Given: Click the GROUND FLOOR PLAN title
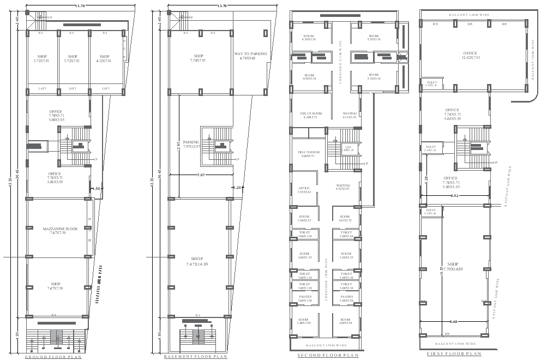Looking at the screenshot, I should (x=53, y=357).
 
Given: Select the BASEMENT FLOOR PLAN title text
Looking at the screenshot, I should (x=195, y=357).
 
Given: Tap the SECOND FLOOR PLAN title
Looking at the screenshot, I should (x=327, y=355).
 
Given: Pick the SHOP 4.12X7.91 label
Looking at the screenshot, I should (x=104, y=59).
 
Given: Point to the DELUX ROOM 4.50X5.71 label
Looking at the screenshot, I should (x=311, y=115).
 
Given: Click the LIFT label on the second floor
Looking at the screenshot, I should (x=348, y=148).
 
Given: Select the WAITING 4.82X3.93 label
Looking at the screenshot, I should (x=343, y=188).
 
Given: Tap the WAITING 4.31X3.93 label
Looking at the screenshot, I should (x=350, y=115).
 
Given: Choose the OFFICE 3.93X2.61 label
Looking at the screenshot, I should (x=304, y=190).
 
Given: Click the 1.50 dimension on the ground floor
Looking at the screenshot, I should (x=97, y=188).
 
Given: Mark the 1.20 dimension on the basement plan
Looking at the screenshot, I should (x=237, y=187).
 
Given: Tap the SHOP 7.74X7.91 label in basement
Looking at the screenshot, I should (x=199, y=58).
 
